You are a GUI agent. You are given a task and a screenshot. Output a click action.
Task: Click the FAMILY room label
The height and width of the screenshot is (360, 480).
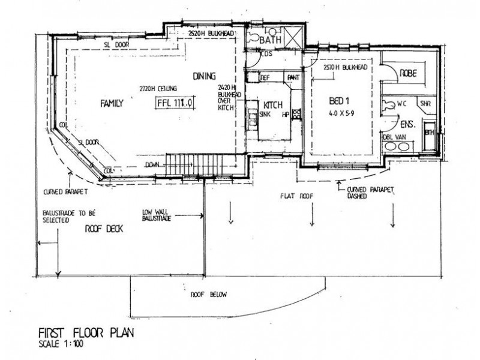(x=112, y=104)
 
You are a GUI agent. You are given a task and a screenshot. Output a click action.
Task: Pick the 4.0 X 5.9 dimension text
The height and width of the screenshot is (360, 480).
(x=343, y=113)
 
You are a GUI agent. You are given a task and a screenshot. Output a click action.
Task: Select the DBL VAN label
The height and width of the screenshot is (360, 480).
(x=395, y=137)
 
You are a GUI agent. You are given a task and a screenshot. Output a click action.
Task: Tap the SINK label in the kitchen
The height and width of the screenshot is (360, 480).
(x=265, y=113)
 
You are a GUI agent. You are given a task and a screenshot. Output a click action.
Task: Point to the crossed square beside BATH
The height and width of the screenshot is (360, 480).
(x=295, y=37)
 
